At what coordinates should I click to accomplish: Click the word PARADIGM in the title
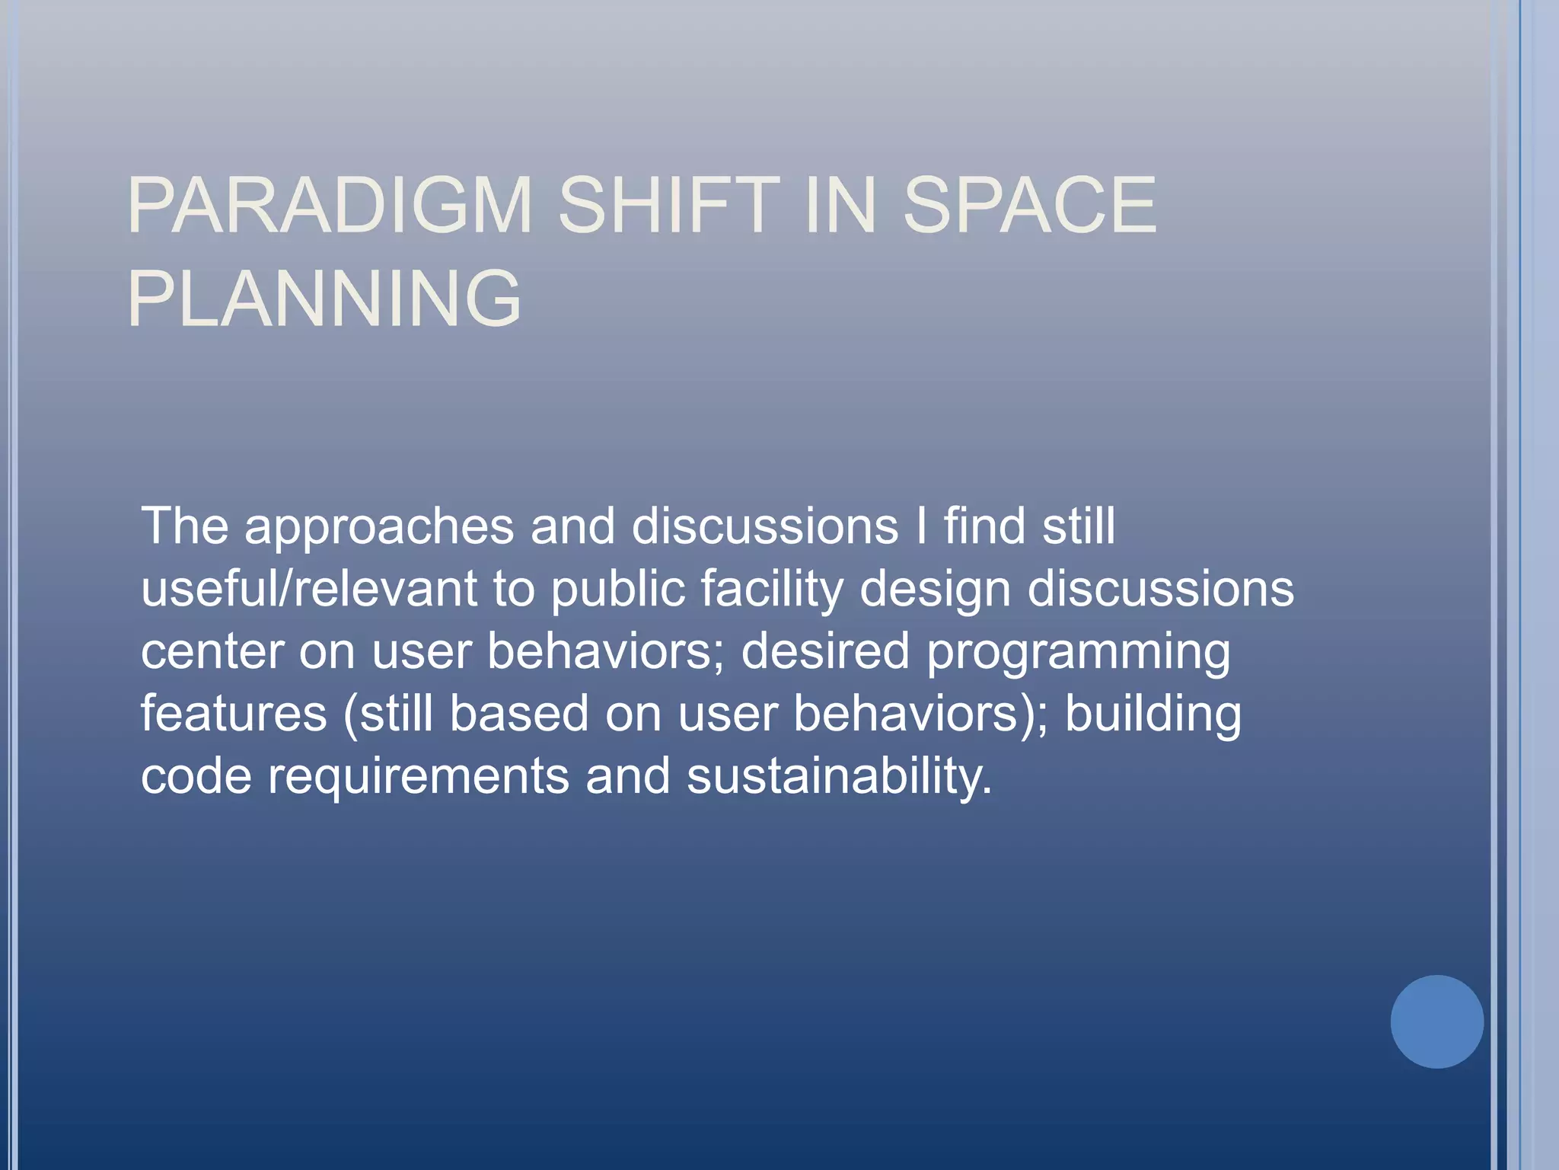[x=329, y=206]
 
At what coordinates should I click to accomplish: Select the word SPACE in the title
[x=1029, y=206]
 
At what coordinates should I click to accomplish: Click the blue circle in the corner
[x=1436, y=1021]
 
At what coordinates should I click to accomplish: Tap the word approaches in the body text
[x=379, y=526]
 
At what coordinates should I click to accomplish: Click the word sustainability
[x=840, y=777]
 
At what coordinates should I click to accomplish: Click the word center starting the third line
[x=211, y=652]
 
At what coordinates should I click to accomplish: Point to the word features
[x=234, y=714]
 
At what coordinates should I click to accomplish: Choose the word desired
[x=825, y=651]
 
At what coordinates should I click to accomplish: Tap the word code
[x=196, y=776]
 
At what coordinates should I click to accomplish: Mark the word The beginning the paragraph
[x=184, y=526]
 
